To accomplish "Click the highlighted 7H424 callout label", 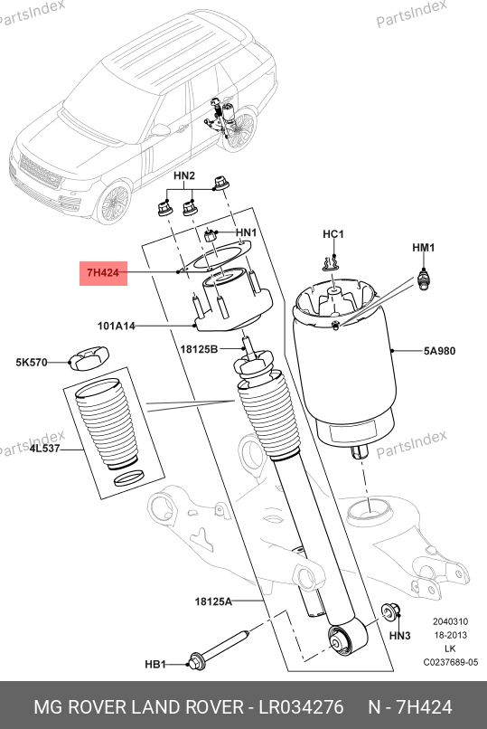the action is pyautogui.click(x=103, y=272).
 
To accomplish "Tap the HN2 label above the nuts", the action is pyautogui.click(x=184, y=175).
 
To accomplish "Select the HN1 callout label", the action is pyautogui.click(x=246, y=232).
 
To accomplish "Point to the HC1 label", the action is pyautogui.click(x=333, y=234).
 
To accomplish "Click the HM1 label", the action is pyautogui.click(x=424, y=247).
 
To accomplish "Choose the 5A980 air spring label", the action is pyautogui.click(x=439, y=351).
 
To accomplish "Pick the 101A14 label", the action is pyautogui.click(x=116, y=326).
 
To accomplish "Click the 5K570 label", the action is pyautogui.click(x=32, y=362).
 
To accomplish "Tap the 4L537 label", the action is pyautogui.click(x=44, y=449).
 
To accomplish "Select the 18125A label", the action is pyautogui.click(x=213, y=601).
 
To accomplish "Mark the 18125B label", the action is pyautogui.click(x=199, y=348).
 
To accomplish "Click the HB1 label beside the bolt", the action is pyautogui.click(x=155, y=665).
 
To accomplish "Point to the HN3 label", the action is pyautogui.click(x=399, y=635).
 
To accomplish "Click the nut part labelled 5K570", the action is pyautogui.click(x=89, y=359).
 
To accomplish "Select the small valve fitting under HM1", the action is pyautogui.click(x=423, y=279).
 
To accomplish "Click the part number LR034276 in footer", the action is pyautogui.click(x=301, y=707).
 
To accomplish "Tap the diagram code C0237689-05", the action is pyautogui.click(x=450, y=662).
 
